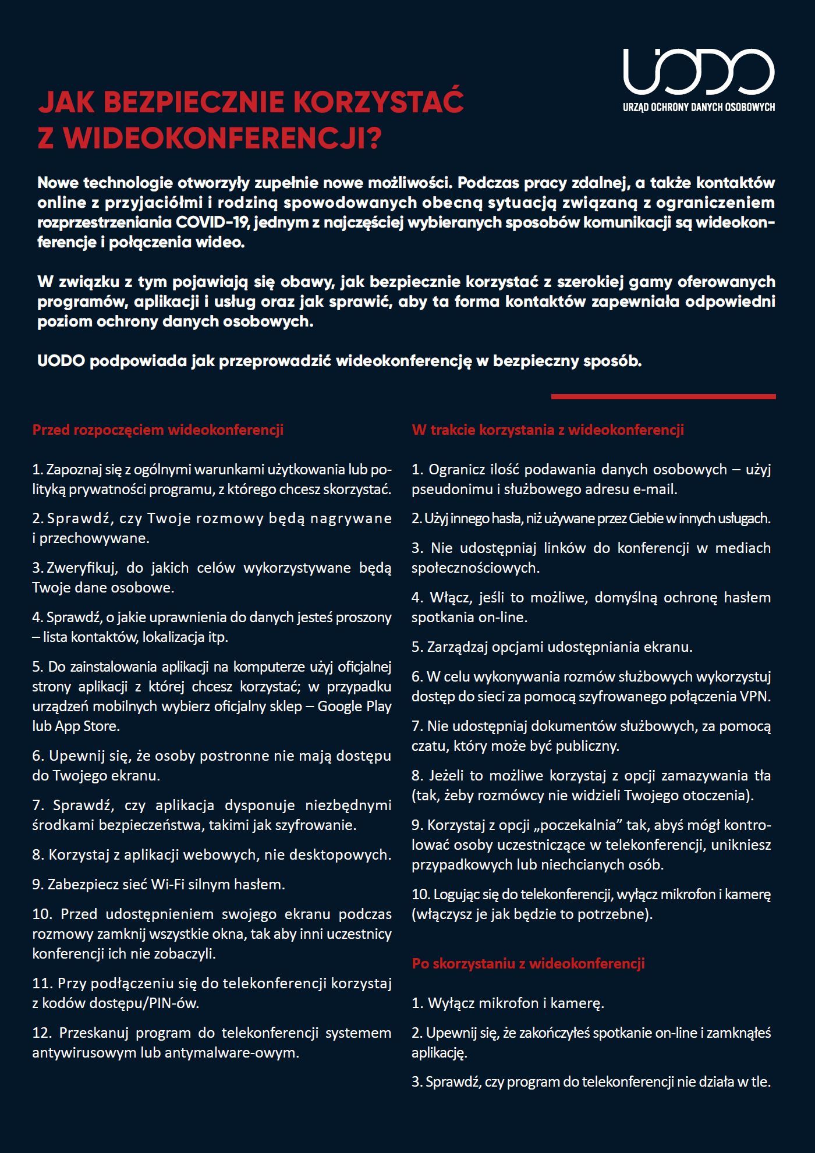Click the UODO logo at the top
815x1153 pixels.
[x=699, y=71]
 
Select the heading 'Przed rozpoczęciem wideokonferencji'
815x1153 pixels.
[x=158, y=430]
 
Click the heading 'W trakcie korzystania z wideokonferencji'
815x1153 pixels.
[x=547, y=430]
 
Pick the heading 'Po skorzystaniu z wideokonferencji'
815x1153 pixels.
[x=528, y=963]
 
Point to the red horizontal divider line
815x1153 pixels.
[x=663, y=397]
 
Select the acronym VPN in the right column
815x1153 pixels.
[x=755, y=697]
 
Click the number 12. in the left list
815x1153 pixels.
[x=43, y=1033]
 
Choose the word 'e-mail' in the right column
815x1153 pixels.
[x=657, y=489]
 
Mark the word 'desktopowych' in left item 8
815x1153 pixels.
[x=348, y=855]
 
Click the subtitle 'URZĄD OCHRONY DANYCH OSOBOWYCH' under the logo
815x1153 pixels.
[x=699, y=107]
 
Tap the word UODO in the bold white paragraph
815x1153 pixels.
[x=61, y=361]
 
